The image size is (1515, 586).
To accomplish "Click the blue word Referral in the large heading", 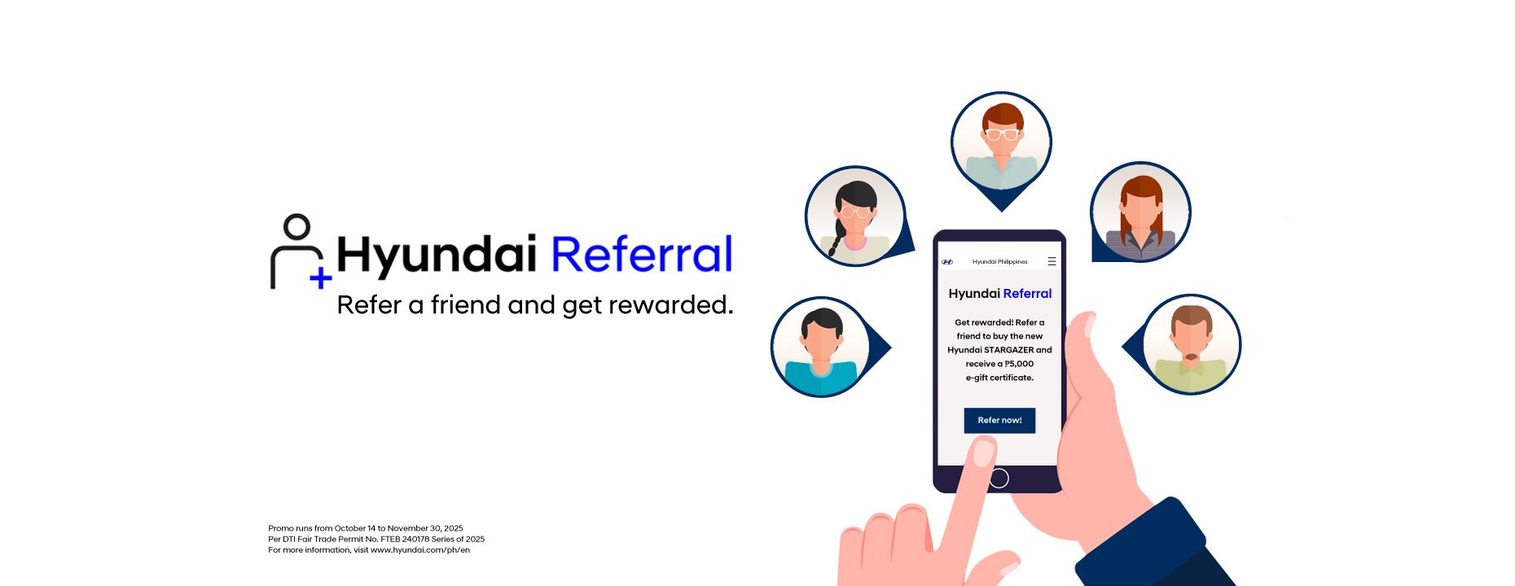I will pos(642,254).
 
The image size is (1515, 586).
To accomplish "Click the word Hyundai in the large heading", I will pos(437,254).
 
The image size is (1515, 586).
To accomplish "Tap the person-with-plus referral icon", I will pos(298,251).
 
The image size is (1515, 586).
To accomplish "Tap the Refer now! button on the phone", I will pos(999,420).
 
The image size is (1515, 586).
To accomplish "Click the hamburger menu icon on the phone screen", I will pos(1052,261).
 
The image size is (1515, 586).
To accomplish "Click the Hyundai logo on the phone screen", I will pos(947,262).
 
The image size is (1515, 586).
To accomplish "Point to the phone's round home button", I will pos(999,479).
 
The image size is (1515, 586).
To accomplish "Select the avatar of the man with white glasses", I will pos(1001,142).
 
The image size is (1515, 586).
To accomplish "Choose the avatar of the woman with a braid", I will pos(854,216).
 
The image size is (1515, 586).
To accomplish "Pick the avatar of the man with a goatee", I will pos(1191,344).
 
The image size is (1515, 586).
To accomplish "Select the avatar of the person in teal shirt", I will pos(820,348).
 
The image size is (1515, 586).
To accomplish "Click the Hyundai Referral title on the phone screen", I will pos(999,294).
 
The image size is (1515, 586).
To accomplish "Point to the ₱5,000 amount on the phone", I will pos(1018,364).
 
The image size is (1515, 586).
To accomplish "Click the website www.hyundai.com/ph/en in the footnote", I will pos(420,550).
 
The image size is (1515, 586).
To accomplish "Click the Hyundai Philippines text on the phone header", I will pos(999,262).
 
